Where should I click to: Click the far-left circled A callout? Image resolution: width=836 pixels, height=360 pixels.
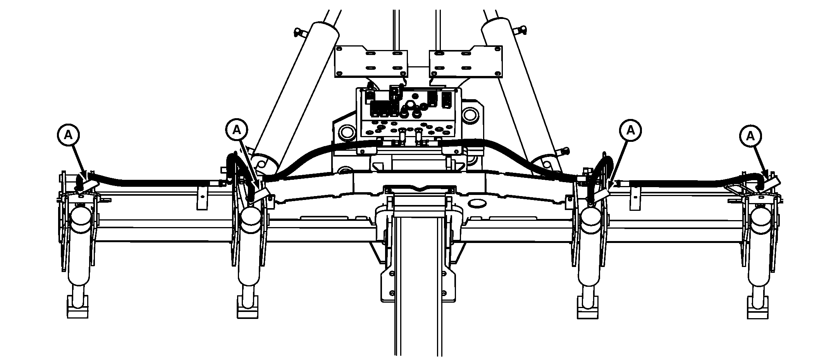pyautogui.click(x=68, y=134)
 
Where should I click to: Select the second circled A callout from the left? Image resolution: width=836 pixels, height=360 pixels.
pyautogui.click(x=237, y=129)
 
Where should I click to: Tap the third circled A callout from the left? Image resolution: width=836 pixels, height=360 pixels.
pyautogui.click(x=630, y=129)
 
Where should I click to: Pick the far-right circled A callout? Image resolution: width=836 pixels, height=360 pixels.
pyautogui.click(x=750, y=136)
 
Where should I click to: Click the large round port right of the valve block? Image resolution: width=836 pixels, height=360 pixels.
pyautogui.click(x=469, y=115)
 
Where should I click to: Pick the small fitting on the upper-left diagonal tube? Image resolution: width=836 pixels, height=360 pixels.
pyautogui.click(x=298, y=32)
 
